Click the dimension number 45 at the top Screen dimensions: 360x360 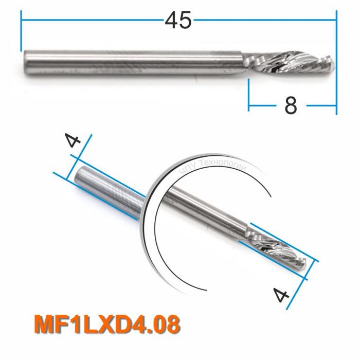coord(178,21)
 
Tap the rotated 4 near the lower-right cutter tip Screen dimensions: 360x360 coord(281,297)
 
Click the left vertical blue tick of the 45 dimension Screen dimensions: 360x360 coord(22,33)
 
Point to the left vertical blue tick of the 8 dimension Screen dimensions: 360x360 coord(249,95)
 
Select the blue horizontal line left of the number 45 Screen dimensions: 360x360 coord(93,20)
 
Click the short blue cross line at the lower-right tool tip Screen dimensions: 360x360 coord(312,269)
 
